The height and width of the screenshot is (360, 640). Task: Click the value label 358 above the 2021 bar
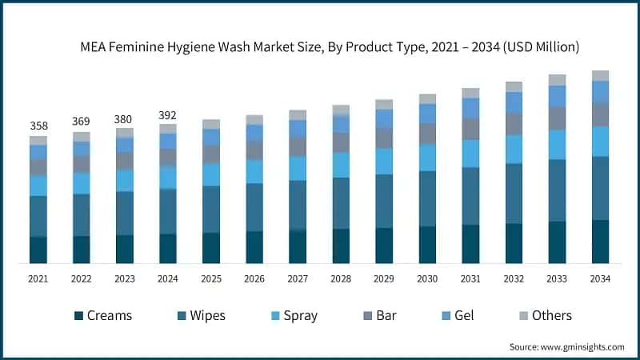tap(38, 126)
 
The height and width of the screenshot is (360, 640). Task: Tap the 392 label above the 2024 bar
tap(168, 114)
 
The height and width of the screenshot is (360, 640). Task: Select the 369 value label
tap(81, 122)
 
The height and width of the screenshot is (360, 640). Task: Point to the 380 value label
tap(124, 118)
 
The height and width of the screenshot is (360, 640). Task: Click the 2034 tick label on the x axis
tap(600, 278)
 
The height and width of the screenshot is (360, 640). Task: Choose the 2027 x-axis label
tap(298, 278)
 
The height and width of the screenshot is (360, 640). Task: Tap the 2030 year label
tap(427, 278)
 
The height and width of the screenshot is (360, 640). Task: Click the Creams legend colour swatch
tap(78, 316)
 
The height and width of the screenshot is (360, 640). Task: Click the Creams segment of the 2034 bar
tap(600, 242)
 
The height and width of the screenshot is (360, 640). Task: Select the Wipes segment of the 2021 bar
tap(38, 216)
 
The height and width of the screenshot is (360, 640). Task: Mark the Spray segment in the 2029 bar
tap(384, 162)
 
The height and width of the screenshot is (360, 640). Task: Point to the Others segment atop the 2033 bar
tap(557, 80)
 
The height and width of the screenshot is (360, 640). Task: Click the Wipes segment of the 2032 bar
tap(514, 194)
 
